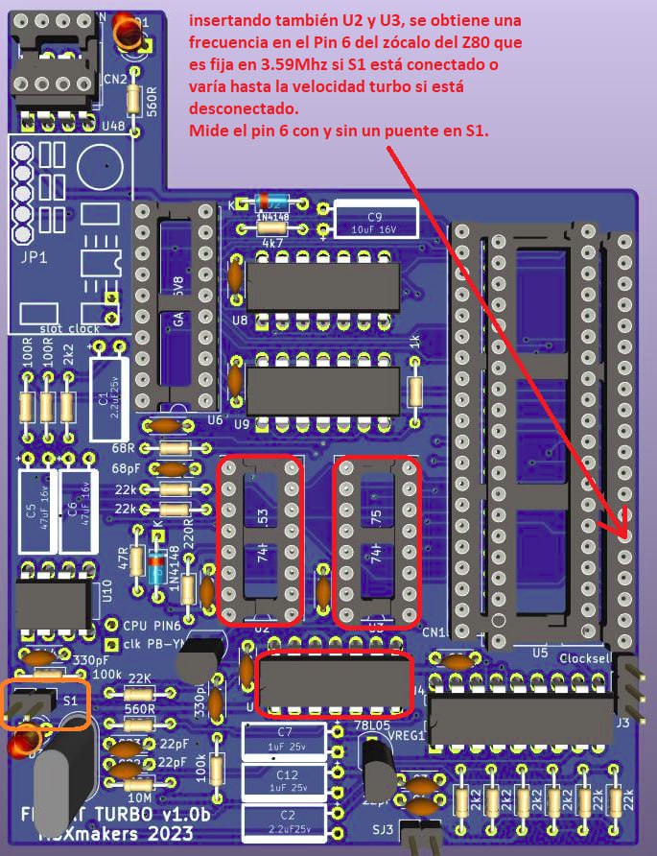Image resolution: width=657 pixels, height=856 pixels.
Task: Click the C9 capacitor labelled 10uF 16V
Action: click(x=376, y=221)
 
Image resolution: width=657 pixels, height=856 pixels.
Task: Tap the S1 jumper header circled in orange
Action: click(x=44, y=703)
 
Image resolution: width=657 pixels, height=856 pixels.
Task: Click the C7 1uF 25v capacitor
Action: click(x=283, y=740)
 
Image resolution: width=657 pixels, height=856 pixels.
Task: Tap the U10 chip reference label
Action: click(x=107, y=595)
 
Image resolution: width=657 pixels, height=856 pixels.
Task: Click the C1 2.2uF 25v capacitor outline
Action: click(x=108, y=389)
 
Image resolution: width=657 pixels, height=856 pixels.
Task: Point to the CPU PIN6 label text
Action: click(x=153, y=625)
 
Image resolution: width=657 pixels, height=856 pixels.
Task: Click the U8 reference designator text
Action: click(x=240, y=318)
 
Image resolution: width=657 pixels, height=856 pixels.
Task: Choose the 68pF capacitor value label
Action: click(x=124, y=468)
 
